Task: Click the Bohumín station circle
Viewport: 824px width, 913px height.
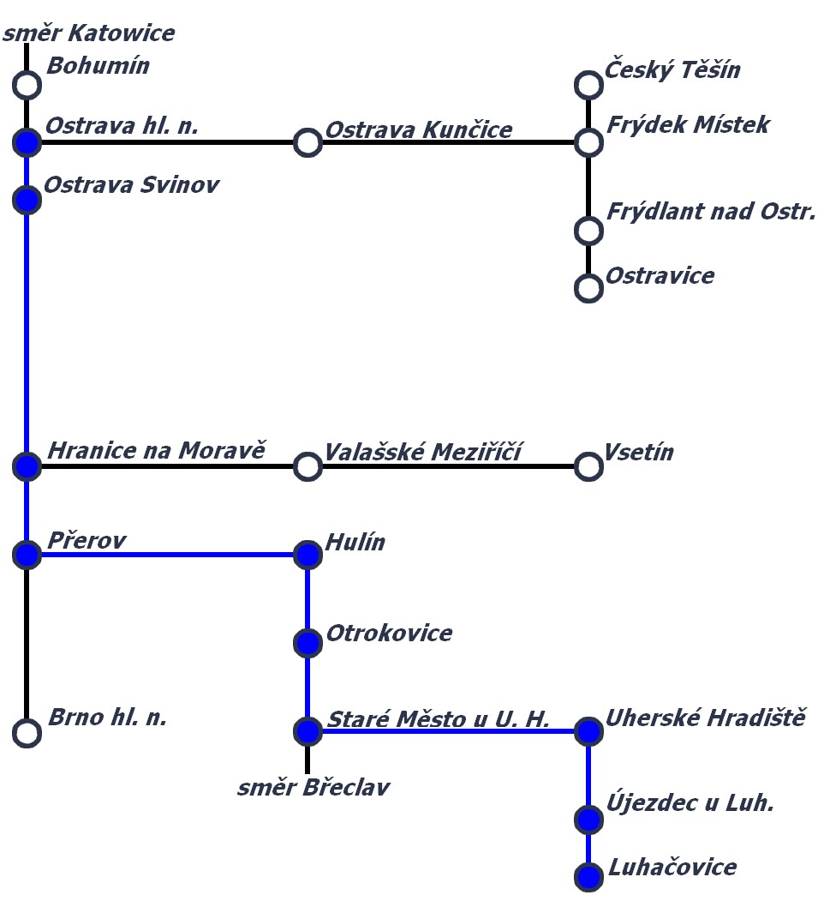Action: pyautogui.click(x=27, y=85)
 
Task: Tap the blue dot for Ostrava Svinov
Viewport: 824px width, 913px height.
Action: pyautogui.click(x=27, y=200)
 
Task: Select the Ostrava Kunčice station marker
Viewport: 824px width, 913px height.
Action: pyautogui.click(x=308, y=142)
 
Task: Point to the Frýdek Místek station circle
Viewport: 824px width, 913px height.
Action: pyautogui.click(x=588, y=142)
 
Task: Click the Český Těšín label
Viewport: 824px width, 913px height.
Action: pyautogui.click(x=672, y=69)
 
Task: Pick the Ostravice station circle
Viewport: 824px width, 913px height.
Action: pyautogui.click(x=588, y=288)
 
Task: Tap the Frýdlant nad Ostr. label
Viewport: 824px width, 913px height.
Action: pyautogui.click(x=711, y=211)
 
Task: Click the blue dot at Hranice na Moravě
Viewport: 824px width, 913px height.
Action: pyautogui.click(x=27, y=466)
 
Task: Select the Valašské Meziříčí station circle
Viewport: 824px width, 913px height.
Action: pyautogui.click(x=308, y=466)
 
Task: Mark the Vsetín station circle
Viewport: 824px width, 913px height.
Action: pyautogui.click(x=588, y=466)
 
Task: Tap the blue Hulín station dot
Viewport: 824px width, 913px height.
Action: pyautogui.click(x=308, y=555)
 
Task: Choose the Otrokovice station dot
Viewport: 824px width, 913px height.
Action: pyautogui.click(x=308, y=642)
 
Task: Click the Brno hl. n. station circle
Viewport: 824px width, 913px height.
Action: pyautogui.click(x=27, y=733)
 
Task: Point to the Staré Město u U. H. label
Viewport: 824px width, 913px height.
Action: pyautogui.click(x=439, y=718)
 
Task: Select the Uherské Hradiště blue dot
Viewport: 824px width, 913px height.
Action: pyautogui.click(x=588, y=731)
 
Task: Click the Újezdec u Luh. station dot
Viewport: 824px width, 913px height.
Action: pyautogui.click(x=588, y=820)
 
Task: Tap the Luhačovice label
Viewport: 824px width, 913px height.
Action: pyautogui.click(x=672, y=867)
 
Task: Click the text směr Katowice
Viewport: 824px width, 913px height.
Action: pyautogui.click(x=89, y=33)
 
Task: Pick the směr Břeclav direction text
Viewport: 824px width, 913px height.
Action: pyautogui.click(x=313, y=787)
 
